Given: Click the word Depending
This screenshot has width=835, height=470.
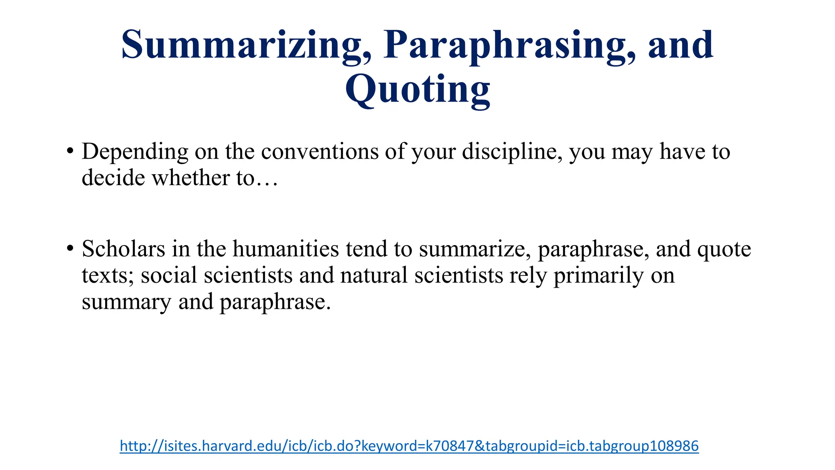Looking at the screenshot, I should [x=135, y=152].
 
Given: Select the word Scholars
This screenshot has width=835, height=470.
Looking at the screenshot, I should [x=124, y=249].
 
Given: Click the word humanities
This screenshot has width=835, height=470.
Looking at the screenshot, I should [x=286, y=249].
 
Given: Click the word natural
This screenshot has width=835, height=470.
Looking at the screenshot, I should [x=374, y=275].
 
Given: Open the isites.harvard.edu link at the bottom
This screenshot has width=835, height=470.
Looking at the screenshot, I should [x=409, y=446].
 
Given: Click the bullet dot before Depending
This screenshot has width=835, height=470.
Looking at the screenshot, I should [x=70, y=151].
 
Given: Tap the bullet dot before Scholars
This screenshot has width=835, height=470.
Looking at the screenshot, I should [x=70, y=248].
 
